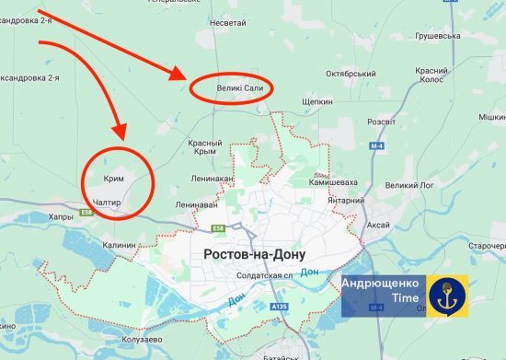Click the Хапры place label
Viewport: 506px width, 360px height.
coord(60,217)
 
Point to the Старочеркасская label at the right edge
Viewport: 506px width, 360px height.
coord(488,246)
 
